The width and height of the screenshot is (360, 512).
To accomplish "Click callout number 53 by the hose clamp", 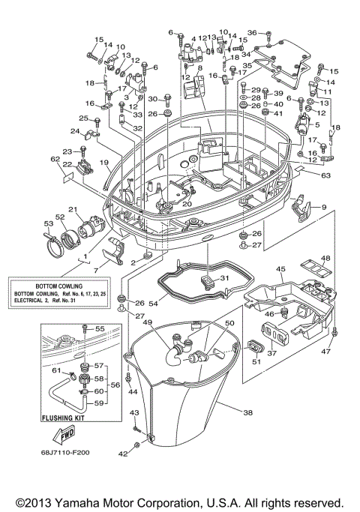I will [x=48, y=223].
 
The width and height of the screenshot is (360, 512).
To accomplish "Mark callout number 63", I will [x=325, y=176].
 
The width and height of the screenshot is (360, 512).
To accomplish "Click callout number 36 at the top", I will [x=252, y=32].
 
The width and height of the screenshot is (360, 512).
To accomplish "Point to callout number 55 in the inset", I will [x=100, y=328].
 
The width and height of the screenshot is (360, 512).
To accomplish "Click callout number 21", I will [x=73, y=209].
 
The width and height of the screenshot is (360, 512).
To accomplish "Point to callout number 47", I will [x=325, y=351].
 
